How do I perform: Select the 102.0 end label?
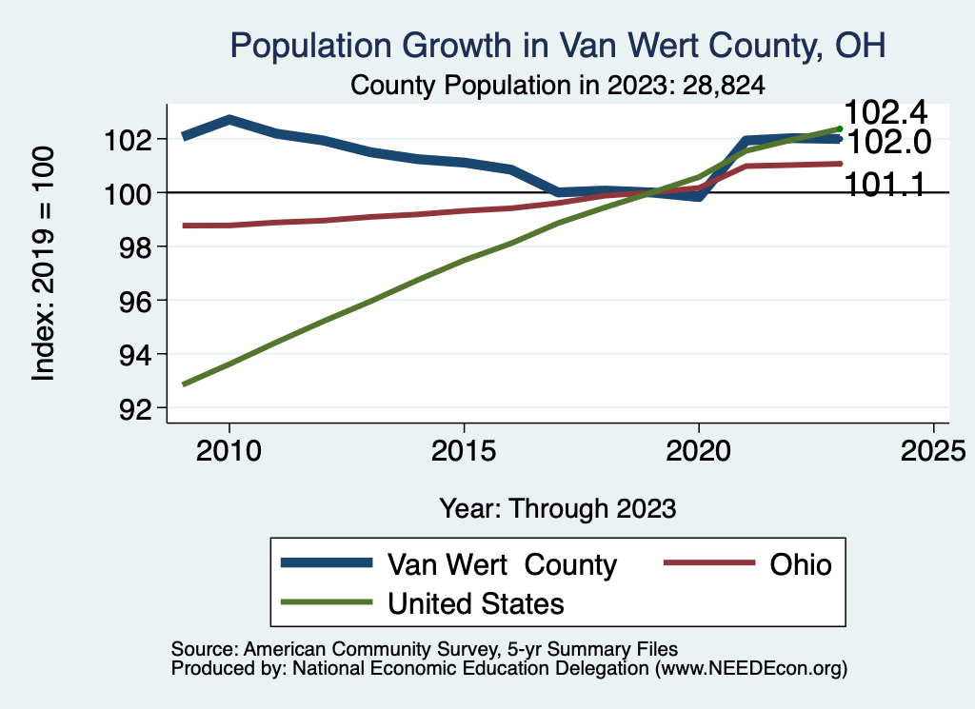888,144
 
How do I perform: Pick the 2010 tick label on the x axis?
229,450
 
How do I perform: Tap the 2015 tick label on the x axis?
464,450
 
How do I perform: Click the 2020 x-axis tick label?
699,450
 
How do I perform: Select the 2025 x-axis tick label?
933,450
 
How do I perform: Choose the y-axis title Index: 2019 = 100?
43,264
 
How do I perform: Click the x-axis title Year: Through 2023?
558,507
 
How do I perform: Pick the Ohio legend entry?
786,565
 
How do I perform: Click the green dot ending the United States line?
839,128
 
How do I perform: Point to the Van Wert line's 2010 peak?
229,120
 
